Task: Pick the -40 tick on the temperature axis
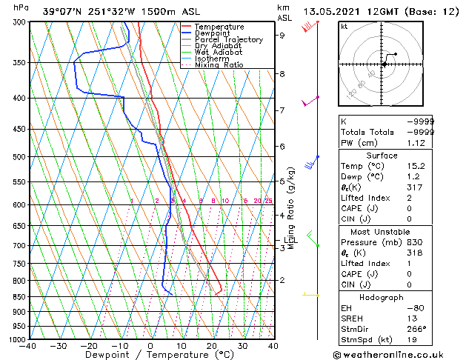[x=28, y=346]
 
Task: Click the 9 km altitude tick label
[x=282, y=35]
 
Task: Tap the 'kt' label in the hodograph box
[x=344, y=26]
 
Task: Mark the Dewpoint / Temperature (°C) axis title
[x=150, y=356]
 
